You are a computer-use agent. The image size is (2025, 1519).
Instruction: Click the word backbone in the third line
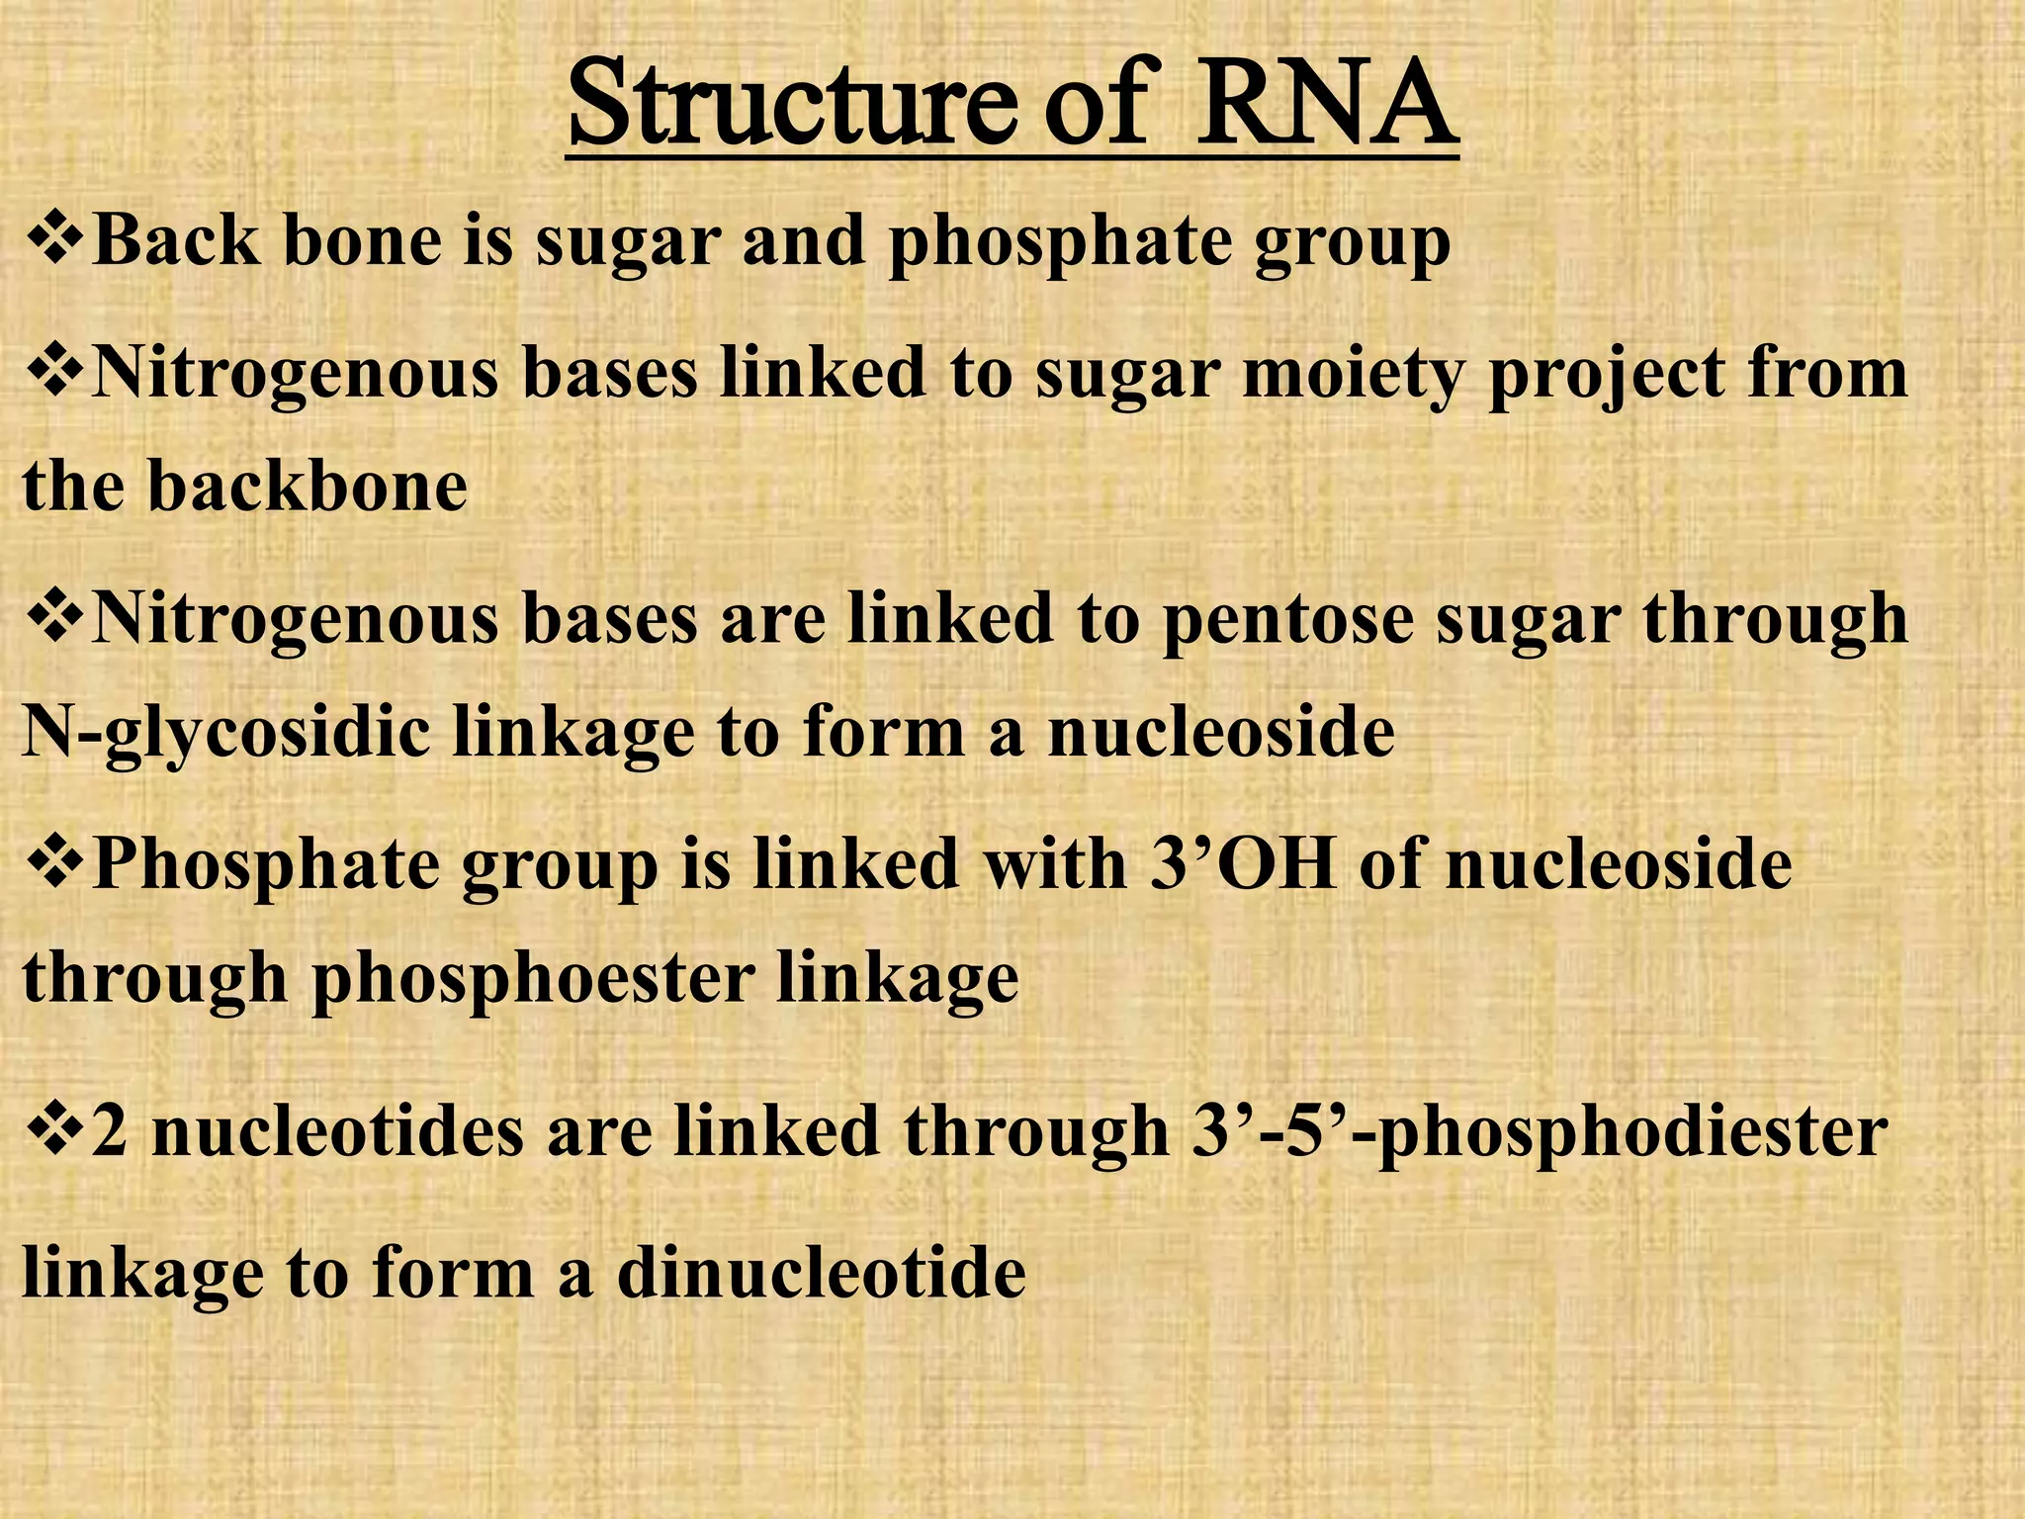pos(308,488)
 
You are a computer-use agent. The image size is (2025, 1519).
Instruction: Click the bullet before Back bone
pos(54,240)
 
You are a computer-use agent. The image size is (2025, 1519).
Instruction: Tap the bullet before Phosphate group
pos(54,862)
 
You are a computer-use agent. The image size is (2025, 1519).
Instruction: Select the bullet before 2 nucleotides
pos(54,1130)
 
